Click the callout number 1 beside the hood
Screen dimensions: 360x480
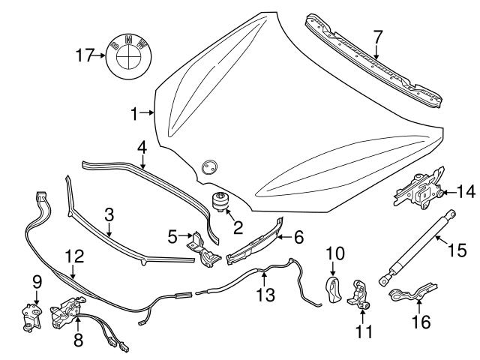134,114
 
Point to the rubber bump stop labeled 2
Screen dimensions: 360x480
221,203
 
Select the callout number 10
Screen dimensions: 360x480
334,253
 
